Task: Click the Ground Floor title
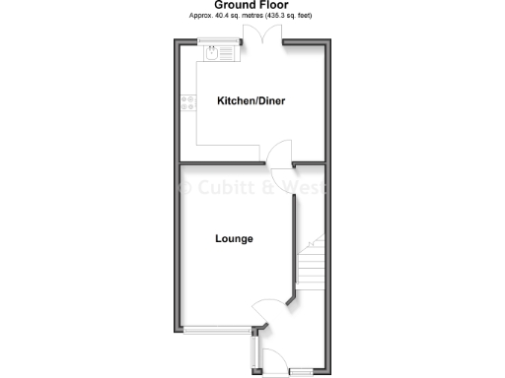pyautogui.click(x=252, y=6)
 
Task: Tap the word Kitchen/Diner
pyautogui.click(x=252, y=100)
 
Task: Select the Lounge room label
pyautogui.click(x=234, y=238)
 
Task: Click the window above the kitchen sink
pyautogui.click(x=217, y=40)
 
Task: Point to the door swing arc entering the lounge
pyautogui.click(x=263, y=309)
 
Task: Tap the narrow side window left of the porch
pyautogui.click(x=255, y=351)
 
